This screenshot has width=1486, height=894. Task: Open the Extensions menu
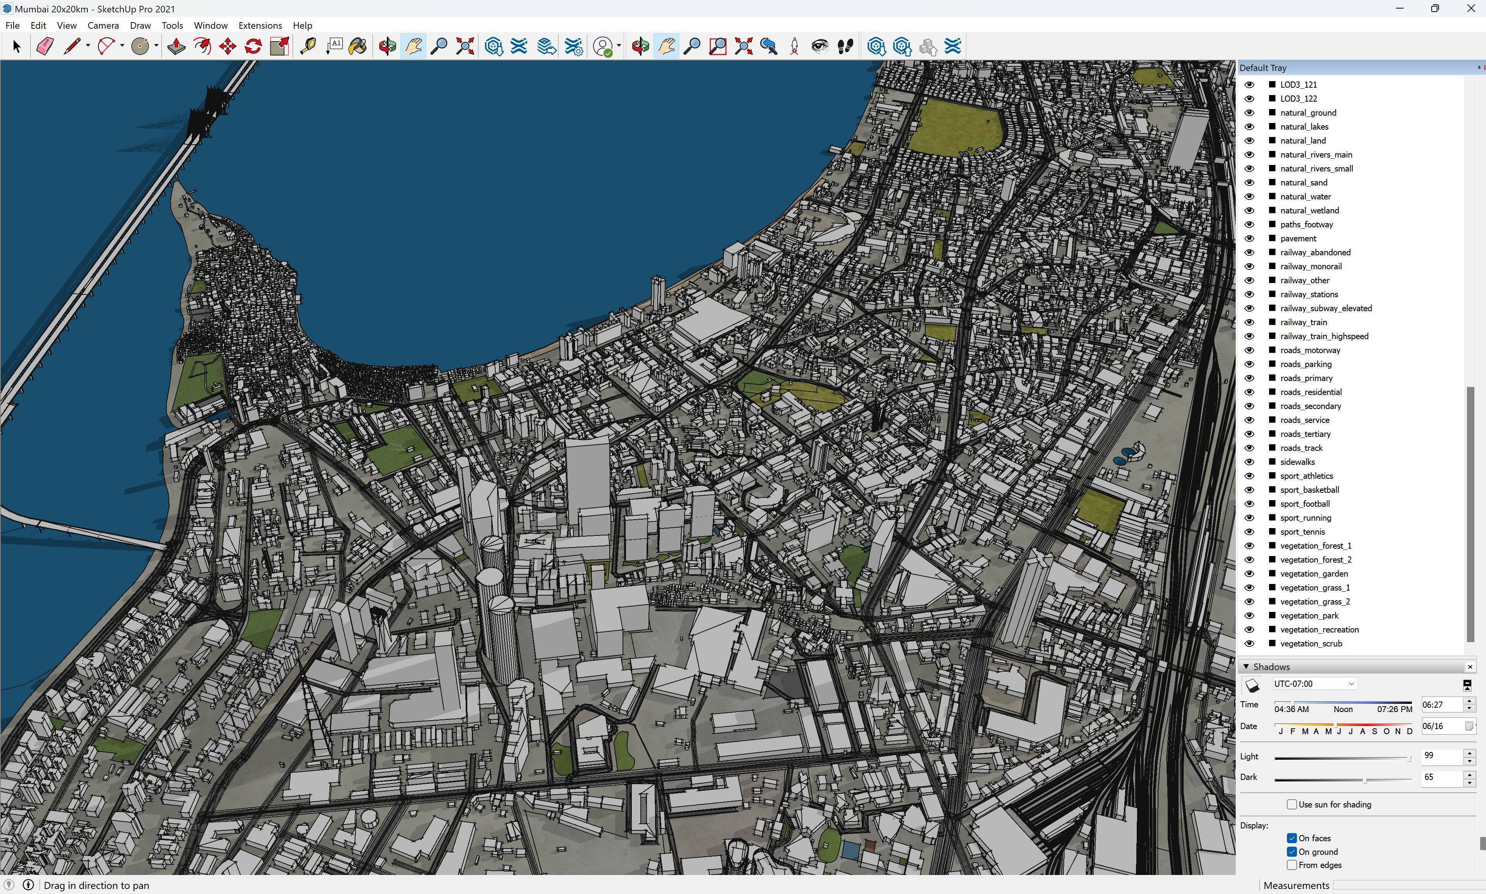260,25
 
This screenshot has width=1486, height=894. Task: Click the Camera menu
103,25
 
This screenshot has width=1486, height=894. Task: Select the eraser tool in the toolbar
45,47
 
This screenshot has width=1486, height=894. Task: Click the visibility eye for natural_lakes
1249,126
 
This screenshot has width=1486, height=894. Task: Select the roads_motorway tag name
1310,350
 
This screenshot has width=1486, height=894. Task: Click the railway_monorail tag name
1311,266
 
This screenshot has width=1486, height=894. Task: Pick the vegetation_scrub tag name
1311,643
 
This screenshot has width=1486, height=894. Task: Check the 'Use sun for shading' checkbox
1292,804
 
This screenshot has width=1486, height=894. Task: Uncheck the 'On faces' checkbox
1292,838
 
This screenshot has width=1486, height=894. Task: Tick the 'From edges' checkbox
1292,865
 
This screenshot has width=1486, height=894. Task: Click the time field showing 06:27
1441,705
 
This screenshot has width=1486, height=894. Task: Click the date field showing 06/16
1441,726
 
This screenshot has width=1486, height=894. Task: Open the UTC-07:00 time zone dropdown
1314,684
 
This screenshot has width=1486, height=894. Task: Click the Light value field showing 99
1441,756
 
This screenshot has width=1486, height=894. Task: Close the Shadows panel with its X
1470,667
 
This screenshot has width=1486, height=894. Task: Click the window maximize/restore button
1435,9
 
